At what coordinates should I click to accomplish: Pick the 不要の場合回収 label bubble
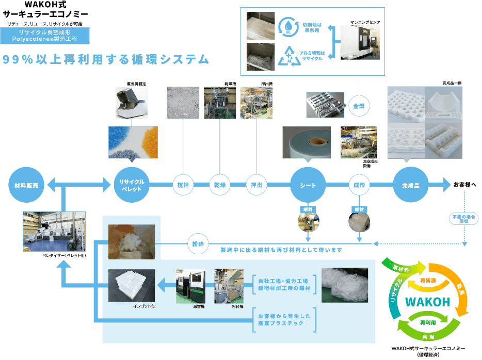(464, 219)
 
